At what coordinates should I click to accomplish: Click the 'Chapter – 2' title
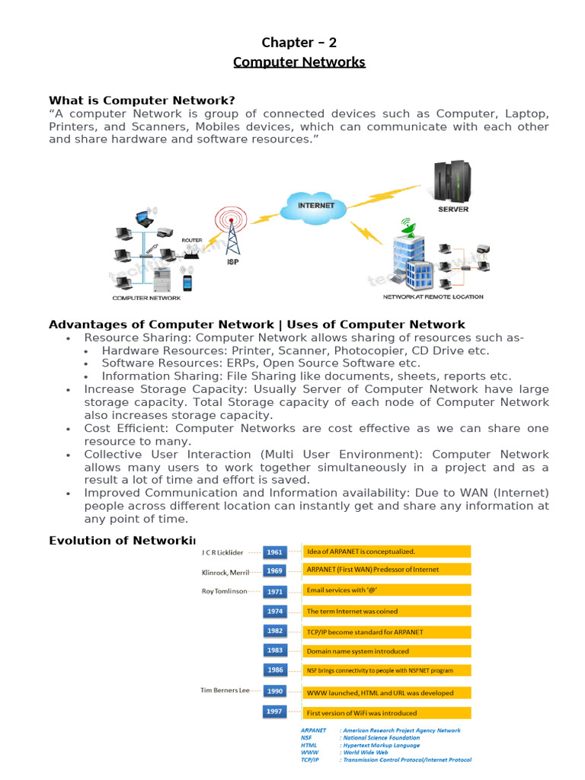[299, 43]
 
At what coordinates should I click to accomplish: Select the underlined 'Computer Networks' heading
[299, 62]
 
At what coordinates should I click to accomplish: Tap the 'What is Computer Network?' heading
[142, 101]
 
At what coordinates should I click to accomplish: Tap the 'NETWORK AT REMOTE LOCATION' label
[433, 296]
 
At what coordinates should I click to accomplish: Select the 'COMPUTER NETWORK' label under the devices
[147, 298]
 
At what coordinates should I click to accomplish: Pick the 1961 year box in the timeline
[274, 552]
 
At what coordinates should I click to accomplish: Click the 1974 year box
[274, 611]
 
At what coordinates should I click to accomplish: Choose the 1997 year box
[274, 711]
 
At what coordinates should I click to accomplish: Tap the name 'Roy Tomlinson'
[224, 591]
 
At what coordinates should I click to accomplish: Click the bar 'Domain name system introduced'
[387, 651]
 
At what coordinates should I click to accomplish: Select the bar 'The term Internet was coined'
[387, 611]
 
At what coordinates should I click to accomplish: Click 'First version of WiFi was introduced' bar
[387, 713]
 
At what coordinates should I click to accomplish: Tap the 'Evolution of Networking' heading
[122, 540]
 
